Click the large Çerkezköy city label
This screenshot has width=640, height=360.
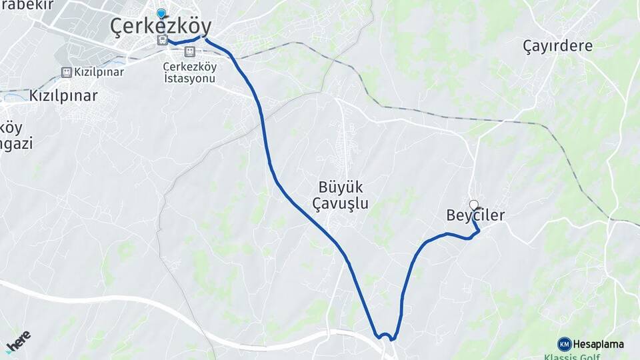pos(161,27)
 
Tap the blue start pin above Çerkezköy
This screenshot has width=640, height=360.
pos(161,13)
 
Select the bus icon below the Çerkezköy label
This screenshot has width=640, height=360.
pos(161,41)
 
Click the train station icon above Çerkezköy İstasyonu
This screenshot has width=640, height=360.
pos(190,51)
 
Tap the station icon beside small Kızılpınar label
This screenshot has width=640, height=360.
pos(66,72)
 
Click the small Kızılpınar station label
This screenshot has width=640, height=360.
pos(99,72)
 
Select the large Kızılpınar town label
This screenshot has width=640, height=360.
pos(63,95)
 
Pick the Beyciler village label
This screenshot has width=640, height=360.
pos(475,215)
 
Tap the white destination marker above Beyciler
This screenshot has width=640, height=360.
pos(473,205)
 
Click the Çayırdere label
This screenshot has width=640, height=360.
pos(557,46)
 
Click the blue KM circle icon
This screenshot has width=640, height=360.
pos(564,344)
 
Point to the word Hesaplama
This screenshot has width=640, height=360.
pos(598,344)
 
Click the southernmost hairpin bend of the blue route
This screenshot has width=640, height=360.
pos(385,335)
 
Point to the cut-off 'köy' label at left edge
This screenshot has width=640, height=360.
pos(11,127)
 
